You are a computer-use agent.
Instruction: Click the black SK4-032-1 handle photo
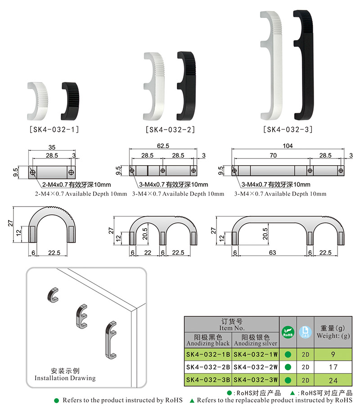point(71,101)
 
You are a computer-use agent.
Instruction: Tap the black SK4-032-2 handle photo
point(186,86)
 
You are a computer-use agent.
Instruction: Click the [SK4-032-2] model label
point(170,130)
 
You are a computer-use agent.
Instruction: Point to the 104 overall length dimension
point(288,146)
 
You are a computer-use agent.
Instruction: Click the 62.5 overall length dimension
point(163,146)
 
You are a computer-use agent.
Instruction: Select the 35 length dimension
point(52,148)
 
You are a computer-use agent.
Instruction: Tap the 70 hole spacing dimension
point(273,156)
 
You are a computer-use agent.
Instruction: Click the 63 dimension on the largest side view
point(272,252)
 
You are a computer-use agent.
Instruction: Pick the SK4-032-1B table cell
point(208,354)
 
